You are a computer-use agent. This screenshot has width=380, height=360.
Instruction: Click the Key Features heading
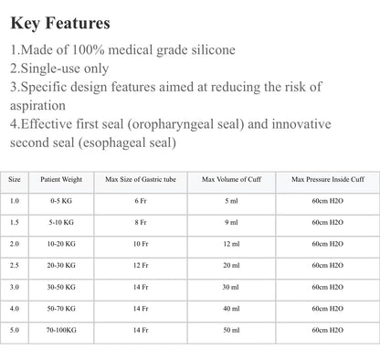61,21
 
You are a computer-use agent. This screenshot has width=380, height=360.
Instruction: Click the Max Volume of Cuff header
231,179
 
